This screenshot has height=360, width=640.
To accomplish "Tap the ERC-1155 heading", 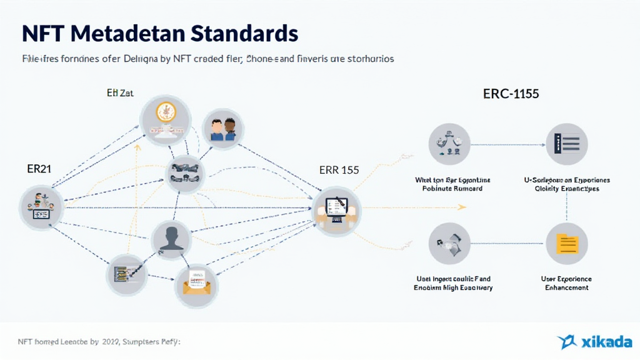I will tap(511, 94).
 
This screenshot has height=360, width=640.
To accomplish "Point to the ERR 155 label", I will tap(339, 170).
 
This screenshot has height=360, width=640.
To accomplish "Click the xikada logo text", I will tap(604, 342).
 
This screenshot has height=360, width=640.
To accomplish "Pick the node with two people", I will tap(222, 129).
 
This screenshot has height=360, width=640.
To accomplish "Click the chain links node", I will tap(184, 172).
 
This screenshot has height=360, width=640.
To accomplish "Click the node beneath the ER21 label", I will tap(42, 207).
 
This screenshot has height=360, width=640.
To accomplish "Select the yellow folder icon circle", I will tap(566, 243).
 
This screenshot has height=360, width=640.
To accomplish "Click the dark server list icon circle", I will tap(566, 144).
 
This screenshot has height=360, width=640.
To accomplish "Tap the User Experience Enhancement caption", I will tap(566, 283).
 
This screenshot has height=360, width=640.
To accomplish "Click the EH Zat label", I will tap(120, 93).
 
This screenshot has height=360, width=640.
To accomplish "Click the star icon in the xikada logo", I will tap(567, 341).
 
